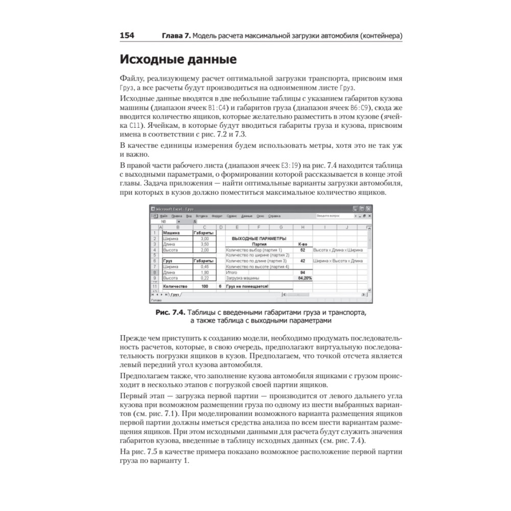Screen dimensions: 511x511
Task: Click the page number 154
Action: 127,36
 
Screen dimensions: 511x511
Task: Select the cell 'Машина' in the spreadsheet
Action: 171,233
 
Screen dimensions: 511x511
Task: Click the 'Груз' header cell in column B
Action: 167,261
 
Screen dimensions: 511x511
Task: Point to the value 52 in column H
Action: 303,250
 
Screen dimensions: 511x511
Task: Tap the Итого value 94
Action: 303,272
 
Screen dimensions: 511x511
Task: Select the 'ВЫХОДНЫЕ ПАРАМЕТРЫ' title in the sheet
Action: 259,239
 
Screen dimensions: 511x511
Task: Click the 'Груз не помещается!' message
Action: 248,287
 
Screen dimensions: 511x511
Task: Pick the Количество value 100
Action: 205,287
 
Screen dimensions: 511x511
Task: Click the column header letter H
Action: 303,227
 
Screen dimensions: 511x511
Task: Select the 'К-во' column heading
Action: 303,244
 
